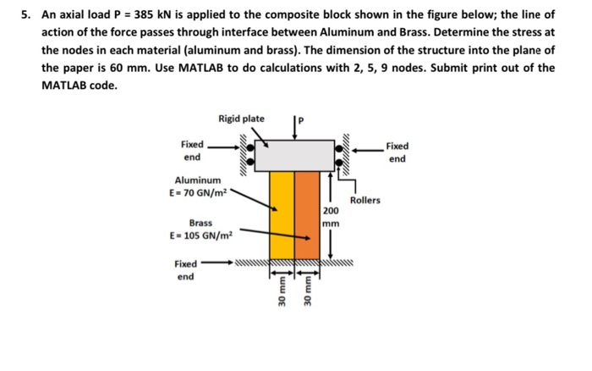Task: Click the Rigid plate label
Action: (x=240, y=119)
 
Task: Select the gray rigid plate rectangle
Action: (x=295, y=156)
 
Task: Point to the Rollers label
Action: (x=365, y=201)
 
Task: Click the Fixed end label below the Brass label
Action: (x=186, y=270)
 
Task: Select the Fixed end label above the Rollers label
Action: (x=397, y=152)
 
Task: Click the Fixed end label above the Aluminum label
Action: (x=192, y=151)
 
